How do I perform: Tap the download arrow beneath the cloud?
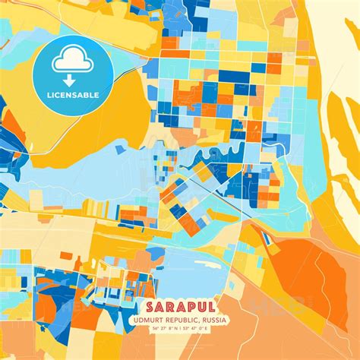pos(68,78)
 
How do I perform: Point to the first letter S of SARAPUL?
pos(147,308)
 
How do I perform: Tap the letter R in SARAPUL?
pos(169,308)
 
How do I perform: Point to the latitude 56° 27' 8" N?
pos(162,329)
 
